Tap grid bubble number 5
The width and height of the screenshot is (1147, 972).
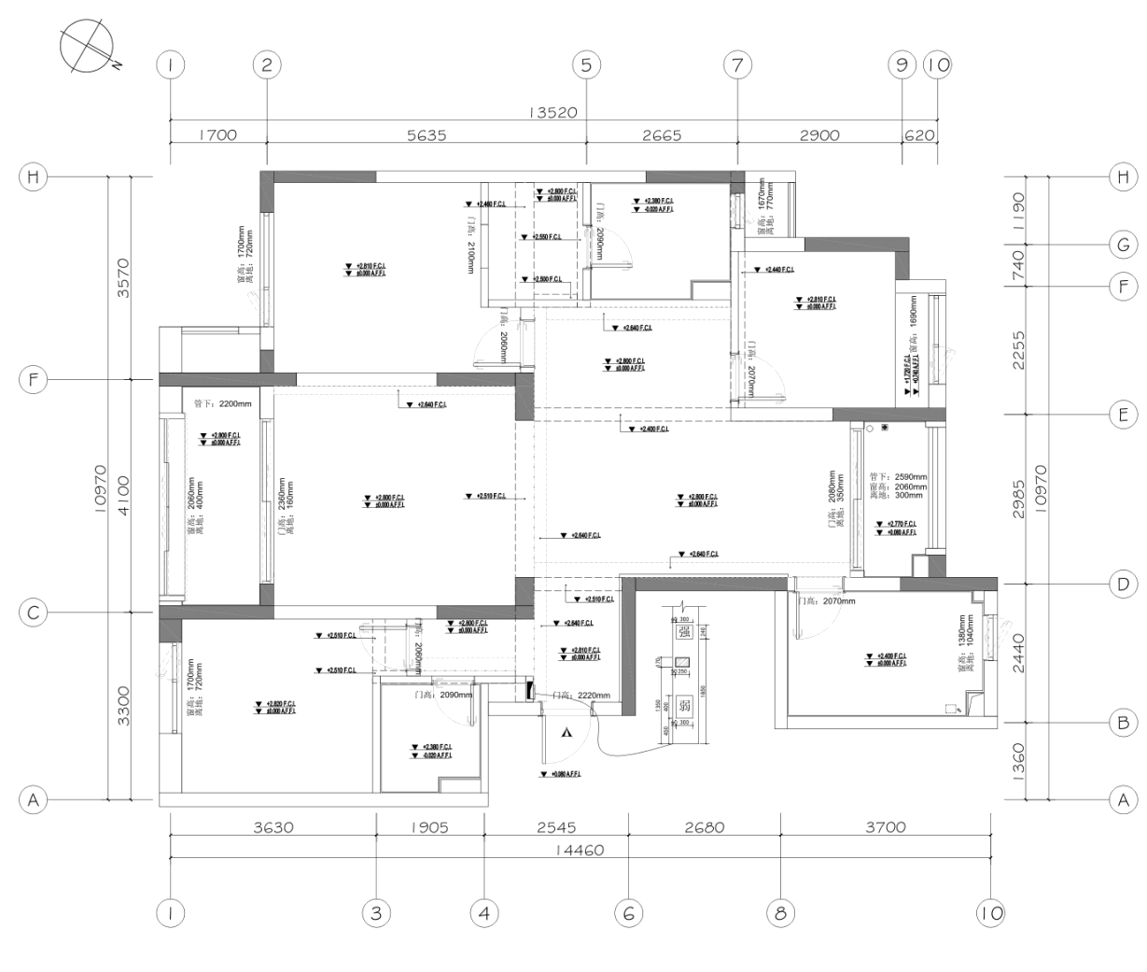586,65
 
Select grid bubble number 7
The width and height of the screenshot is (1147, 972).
737,65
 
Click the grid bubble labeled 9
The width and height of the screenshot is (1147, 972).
902,65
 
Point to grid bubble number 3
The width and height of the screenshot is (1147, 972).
376,914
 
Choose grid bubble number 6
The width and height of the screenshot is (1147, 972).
628,914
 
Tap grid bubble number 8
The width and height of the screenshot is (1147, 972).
780,914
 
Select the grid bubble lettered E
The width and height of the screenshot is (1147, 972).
1123,415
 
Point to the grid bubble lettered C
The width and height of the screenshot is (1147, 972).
34,613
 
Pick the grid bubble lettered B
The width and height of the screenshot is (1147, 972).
1123,722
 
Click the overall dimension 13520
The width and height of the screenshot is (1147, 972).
554,113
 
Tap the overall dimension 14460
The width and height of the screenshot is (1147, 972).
579,850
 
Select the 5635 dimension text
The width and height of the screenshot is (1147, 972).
427,135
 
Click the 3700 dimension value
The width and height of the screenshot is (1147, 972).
885,827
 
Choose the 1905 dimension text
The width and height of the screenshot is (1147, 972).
429,827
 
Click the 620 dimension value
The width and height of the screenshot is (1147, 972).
920,135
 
